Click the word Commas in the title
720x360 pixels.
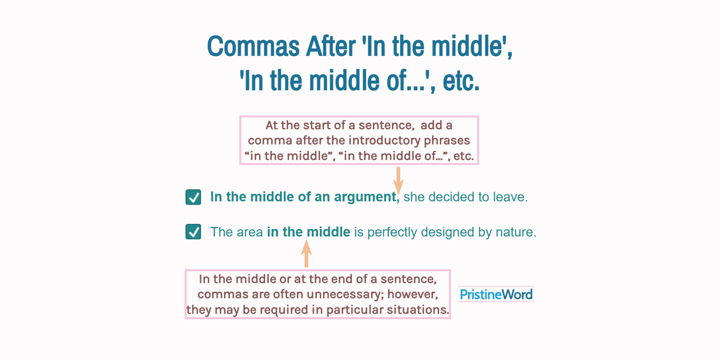253,46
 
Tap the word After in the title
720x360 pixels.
331,46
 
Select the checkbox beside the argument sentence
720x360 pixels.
193,197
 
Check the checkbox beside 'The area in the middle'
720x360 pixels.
193,232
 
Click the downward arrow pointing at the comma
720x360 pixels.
398,180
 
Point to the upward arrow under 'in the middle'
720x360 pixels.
306,253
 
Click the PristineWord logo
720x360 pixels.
496,294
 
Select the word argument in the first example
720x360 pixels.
365,197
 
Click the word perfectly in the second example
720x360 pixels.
392,232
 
